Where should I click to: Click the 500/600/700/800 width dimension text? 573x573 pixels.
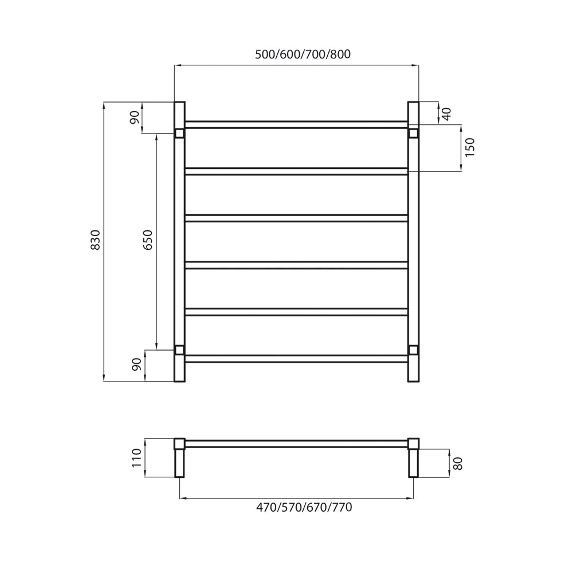coord(303,54)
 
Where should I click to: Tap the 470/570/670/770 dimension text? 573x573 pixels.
coord(304,507)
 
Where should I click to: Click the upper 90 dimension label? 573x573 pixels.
coord(135,117)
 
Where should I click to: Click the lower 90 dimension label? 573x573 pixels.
coord(136,364)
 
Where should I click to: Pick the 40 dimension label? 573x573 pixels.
coord(447,113)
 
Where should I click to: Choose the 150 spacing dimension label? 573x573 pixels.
coord(470,147)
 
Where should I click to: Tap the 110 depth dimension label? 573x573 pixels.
coord(136,458)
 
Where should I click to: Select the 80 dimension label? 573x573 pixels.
coord(458,463)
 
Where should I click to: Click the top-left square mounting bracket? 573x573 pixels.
coord(179,134)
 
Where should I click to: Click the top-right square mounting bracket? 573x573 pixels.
coord(413,134)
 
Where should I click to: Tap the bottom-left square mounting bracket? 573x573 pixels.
coord(179,350)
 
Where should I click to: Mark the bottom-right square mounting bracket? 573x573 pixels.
coord(413,350)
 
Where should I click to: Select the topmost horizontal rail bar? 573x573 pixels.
coord(296,124)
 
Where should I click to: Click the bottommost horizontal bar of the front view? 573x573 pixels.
coord(296,359)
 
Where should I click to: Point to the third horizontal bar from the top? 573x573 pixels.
coord(296,218)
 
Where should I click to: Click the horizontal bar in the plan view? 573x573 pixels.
coord(296,444)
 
